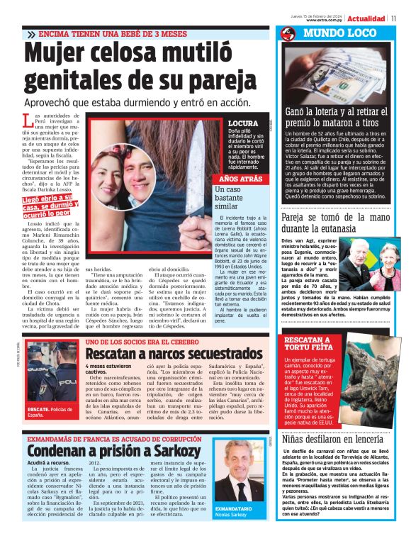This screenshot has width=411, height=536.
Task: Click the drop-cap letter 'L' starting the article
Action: [28, 121]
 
